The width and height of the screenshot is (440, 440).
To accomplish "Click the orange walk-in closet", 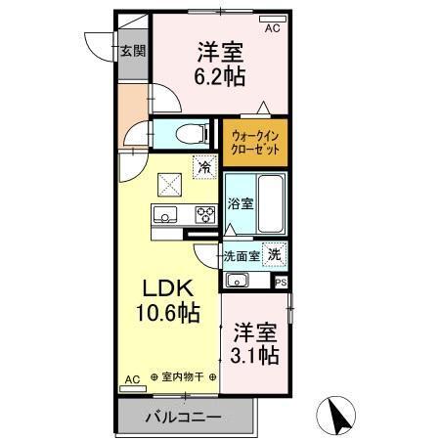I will [255, 143].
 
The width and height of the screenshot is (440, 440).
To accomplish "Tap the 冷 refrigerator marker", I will [204, 167].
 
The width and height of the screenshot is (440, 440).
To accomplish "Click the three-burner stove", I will [205, 214].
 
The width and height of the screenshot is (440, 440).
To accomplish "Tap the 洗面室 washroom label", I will [240, 255].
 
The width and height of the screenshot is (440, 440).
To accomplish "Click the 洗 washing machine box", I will [275, 253].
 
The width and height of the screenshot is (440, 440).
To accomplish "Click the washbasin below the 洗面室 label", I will [238, 281].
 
